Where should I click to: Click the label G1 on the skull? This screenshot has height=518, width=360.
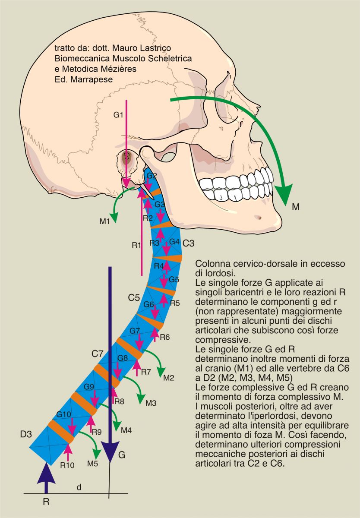pyautogui.click(x=118, y=115)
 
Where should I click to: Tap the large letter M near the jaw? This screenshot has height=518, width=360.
pyautogui.click(x=296, y=207)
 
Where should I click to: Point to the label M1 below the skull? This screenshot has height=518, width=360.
pyautogui.click(x=104, y=221)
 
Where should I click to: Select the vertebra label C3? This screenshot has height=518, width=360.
pyautogui.click(x=188, y=243)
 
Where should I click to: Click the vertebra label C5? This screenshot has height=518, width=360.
pyautogui.click(x=134, y=297)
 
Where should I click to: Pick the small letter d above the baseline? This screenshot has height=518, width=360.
pyautogui.click(x=78, y=487)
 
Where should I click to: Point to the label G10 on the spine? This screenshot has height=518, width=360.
pyautogui.click(x=63, y=414)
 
